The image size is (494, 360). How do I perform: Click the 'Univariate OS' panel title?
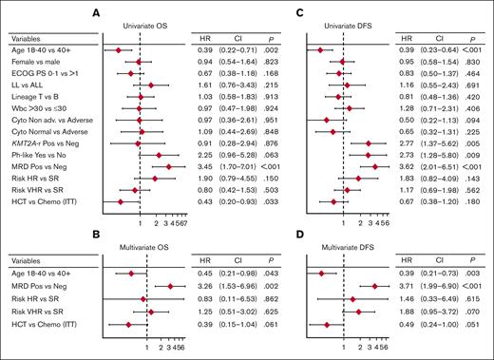tap(140, 24)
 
